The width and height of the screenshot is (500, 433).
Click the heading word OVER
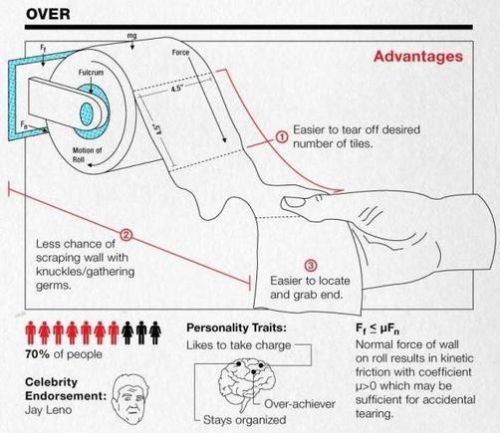pos(48,14)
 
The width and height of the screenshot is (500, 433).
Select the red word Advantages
pos(418,56)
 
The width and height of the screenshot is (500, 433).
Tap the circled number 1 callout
pos(282,137)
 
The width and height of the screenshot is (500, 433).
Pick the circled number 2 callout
pos(125,235)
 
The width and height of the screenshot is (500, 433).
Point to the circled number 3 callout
pos(311,265)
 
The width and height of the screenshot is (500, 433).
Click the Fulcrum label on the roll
pos(91,72)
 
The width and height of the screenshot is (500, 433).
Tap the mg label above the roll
pos(131,36)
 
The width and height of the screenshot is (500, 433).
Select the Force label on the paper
pos(180,53)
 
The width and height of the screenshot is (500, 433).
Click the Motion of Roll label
pos(87,154)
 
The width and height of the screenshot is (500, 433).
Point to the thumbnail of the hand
pos(294,201)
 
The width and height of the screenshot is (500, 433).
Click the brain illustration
pos(247,381)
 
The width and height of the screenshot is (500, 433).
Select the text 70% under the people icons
pos(37,354)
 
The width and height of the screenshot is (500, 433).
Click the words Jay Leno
pos(48,410)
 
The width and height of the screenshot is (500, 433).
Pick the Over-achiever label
pos(300,404)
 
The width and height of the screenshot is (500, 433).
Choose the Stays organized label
pos(244,420)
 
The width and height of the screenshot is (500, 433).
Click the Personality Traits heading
pos(236,327)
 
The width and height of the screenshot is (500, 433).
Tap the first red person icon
pos(31,332)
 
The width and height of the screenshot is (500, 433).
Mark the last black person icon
pos(155,332)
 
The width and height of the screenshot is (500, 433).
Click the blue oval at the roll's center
pos(87,114)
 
